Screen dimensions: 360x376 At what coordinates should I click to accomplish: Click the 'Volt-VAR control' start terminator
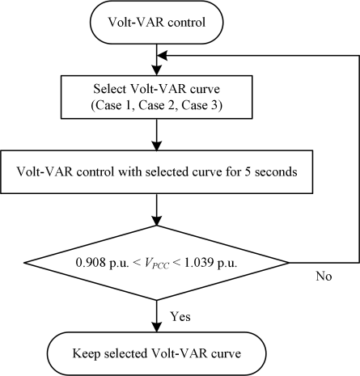point(156,22)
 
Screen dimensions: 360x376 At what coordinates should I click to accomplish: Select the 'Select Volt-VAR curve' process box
point(156,97)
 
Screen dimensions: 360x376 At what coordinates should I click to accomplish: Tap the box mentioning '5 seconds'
point(156,172)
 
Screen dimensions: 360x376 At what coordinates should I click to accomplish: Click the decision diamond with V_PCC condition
point(156,263)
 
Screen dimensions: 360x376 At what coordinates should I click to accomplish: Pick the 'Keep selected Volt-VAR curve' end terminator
point(156,353)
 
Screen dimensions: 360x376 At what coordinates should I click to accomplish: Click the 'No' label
point(324,277)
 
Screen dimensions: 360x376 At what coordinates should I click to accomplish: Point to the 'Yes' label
point(180,316)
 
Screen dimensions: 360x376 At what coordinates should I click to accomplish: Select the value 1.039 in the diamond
point(199,262)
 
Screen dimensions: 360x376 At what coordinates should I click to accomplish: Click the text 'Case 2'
point(156,106)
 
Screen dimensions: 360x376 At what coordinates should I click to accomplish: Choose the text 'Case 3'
point(199,106)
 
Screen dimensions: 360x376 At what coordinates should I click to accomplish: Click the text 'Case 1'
point(113,106)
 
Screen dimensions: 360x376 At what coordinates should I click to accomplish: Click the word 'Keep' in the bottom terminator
point(86,353)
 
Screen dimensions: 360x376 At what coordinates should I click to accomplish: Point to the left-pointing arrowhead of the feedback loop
point(163,56)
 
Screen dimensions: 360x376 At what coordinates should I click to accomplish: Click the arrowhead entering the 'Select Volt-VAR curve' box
point(157,70)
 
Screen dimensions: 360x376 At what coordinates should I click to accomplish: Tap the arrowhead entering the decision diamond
point(157,220)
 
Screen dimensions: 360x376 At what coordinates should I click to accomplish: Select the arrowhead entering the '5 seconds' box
point(157,146)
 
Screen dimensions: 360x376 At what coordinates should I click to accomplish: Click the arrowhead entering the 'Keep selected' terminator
point(157,327)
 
